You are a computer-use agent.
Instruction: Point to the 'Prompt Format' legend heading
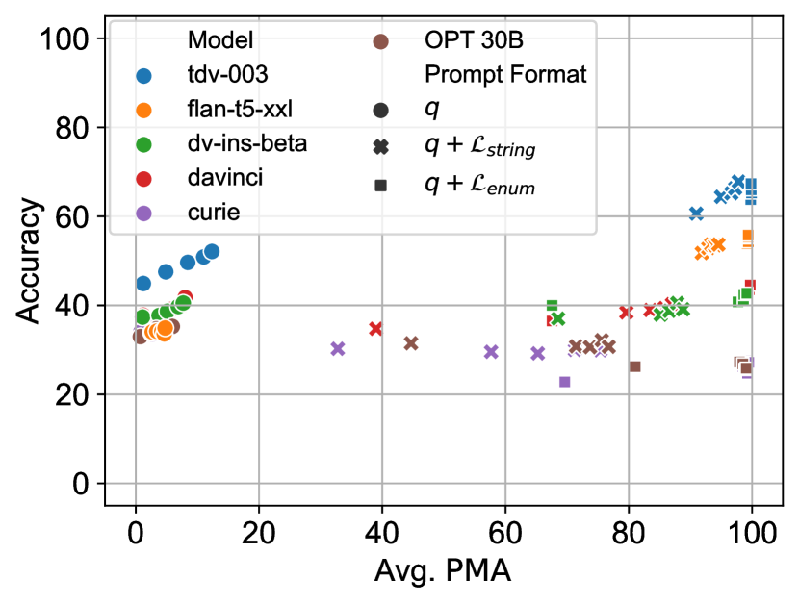505,75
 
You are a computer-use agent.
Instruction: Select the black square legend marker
381,185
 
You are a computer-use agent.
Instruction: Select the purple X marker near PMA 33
338,348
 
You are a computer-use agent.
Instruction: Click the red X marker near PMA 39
375,329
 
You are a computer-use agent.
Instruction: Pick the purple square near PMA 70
565,382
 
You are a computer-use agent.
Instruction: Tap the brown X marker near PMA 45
411,343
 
